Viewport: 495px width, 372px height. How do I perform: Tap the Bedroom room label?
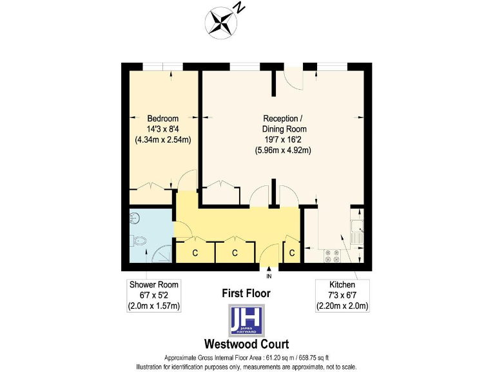coord(163,119)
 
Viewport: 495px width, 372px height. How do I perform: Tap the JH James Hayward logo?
coord(247,319)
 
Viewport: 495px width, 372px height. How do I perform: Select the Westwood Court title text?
coord(246,344)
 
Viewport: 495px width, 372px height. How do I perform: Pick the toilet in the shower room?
coord(139,240)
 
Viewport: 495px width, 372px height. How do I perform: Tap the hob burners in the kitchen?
coord(332,256)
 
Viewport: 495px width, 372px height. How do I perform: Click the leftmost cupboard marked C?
coord(195,253)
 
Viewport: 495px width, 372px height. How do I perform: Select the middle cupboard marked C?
coord(235,253)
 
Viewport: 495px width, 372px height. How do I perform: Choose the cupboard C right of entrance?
coord(292,253)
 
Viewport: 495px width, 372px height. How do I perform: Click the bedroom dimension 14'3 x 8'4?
coord(163,129)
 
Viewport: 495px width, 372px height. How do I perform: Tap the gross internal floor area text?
coord(247,358)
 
